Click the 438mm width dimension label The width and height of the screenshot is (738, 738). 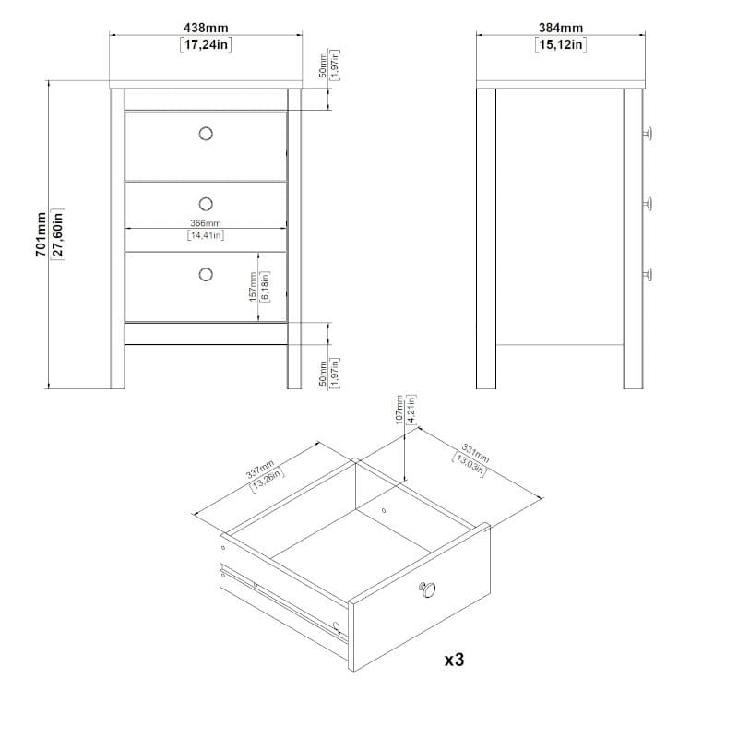click(206, 28)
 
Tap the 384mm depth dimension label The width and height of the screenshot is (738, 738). click(561, 28)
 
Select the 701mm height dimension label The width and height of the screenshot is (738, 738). click(41, 234)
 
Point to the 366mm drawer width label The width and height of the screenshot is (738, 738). click(205, 223)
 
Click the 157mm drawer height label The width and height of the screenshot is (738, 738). click(253, 287)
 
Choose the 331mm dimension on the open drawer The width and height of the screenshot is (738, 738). click(475, 453)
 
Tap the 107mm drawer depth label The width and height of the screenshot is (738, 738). click(399, 410)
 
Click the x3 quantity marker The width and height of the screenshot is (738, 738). click(454, 660)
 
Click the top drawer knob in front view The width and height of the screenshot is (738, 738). click(206, 134)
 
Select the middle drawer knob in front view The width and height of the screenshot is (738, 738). click(206, 204)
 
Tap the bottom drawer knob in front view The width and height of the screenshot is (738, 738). click(206, 274)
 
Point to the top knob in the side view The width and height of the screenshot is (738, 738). click(649, 134)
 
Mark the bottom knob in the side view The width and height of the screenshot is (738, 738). click(649, 274)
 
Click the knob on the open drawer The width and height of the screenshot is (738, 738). click(427, 589)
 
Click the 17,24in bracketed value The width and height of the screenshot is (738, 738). click(206, 44)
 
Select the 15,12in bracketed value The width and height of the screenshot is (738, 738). click(561, 44)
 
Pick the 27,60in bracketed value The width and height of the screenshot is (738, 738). click(58, 234)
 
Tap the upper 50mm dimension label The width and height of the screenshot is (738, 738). click(323, 65)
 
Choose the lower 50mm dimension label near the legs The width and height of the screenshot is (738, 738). click(323, 374)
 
